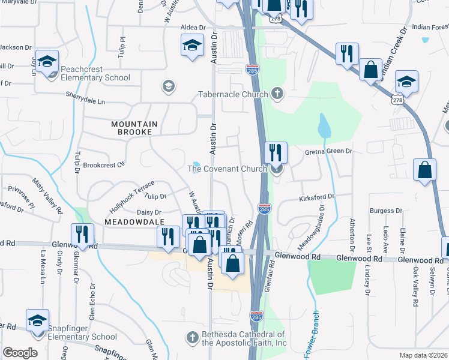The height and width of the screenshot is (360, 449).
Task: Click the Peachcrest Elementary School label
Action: pyautogui.click(x=91, y=77)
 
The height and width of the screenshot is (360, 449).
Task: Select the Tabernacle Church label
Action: pyautogui.click(x=233, y=94)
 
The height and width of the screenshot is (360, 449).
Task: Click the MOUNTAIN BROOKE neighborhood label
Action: pyautogui.click(x=134, y=128)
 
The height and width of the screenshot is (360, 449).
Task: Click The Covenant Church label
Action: pyautogui.click(x=227, y=169)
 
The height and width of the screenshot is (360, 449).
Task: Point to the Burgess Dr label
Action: pyautogui.click(x=386, y=211)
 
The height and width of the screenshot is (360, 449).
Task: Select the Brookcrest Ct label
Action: pyautogui.click(x=104, y=164)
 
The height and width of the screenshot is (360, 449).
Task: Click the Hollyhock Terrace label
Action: pyautogui.click(x=131, y=196)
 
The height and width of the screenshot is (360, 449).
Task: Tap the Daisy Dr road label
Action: pyautogui.click(x=149, y=212)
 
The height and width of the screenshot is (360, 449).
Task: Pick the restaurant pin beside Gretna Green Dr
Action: pyautogui.click(x=276, y=152)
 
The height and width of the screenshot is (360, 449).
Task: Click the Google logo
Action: pyautogui.click(x=20, y=353)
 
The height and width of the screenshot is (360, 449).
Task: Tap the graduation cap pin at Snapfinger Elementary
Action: pyautogui.click(x=37, y=319)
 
